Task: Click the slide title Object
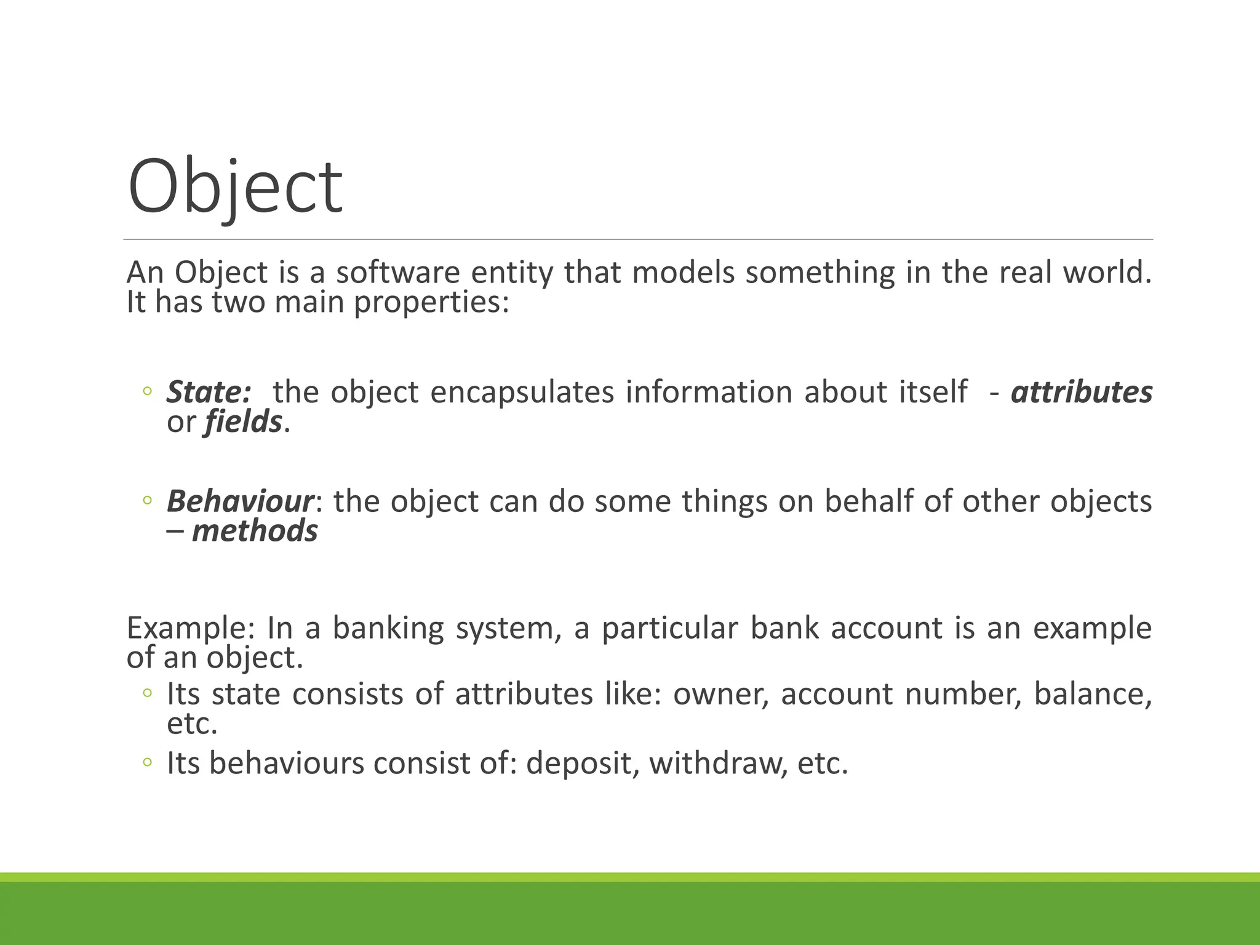(234, 187)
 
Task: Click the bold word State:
(209, 392)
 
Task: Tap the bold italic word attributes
(1081, 392)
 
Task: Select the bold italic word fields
(243, 422)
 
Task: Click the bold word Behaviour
(240, 501)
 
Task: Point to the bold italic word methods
(255, 531)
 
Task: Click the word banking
(388, 628)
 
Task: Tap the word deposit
(579, 764)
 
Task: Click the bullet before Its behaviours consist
(146, 763)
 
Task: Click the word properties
(431, 302)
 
